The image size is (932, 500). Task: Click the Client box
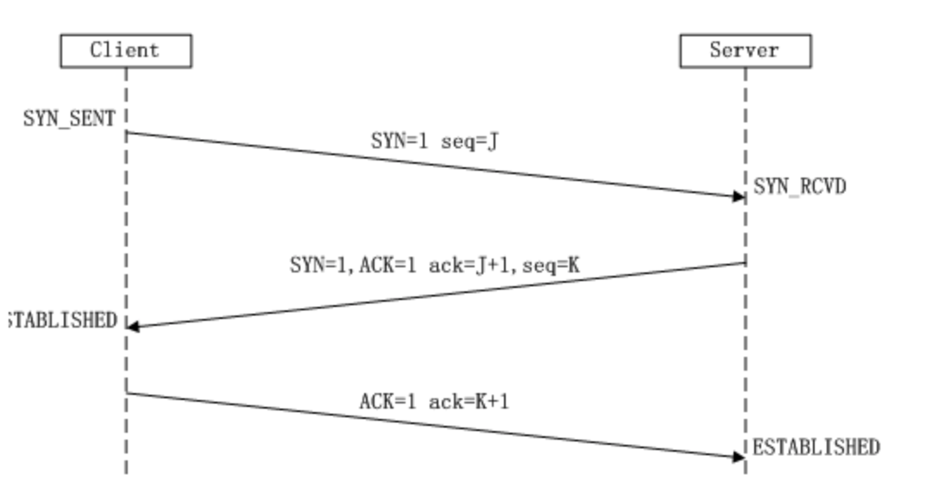click(125, 50)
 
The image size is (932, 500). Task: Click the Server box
click(745, 50)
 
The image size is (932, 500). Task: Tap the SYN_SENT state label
click(69, 119)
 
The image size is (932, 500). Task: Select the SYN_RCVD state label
click(800, 186)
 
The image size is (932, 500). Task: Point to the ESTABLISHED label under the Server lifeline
click(816, 447)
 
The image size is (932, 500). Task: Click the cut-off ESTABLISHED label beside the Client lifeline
click(60, 321)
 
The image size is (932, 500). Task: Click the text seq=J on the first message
click(469, 141)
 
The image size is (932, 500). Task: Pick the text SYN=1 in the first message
click(400, 141)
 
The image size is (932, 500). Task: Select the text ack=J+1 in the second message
click(479, 266)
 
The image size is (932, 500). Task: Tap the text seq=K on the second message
click(551, 266)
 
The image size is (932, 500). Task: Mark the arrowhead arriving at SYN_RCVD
click(739, 197)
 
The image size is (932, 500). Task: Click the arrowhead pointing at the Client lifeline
click(132, 326)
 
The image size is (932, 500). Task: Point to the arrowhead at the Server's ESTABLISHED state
click(739, 457)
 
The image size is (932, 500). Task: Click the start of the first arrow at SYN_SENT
click(127, 132)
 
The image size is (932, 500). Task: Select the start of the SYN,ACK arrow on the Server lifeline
click(745, 263)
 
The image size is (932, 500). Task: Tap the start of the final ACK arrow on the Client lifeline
click(127, 393)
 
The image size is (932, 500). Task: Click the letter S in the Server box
click(715, 50)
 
